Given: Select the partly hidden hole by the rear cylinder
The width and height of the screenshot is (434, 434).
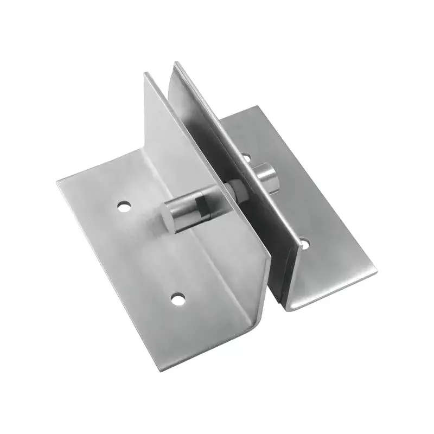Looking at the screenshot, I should [x=247, y=158].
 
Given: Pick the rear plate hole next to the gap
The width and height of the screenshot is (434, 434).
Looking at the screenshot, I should [x=304, y=244].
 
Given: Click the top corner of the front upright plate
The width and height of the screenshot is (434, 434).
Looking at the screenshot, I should [x=145, y=74].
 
